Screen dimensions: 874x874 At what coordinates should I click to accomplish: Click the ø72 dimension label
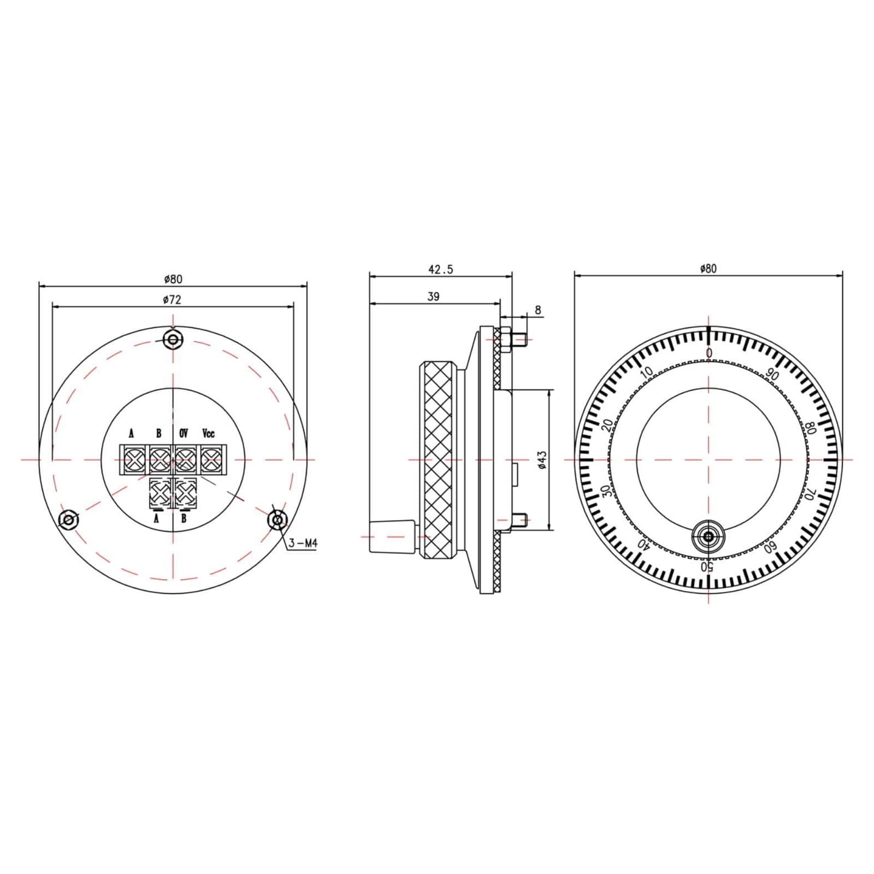coord(172,299)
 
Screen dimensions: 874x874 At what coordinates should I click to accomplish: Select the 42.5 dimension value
coord(440,269)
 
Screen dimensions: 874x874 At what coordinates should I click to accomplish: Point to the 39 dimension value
coord(433,297)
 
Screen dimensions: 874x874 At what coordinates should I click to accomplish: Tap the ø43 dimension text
coord(542,460)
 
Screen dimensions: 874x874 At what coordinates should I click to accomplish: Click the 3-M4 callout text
coord(303,544)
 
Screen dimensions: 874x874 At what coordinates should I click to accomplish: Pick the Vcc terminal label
coord(209,434)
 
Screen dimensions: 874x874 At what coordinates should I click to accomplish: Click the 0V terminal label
coord(184,434)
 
